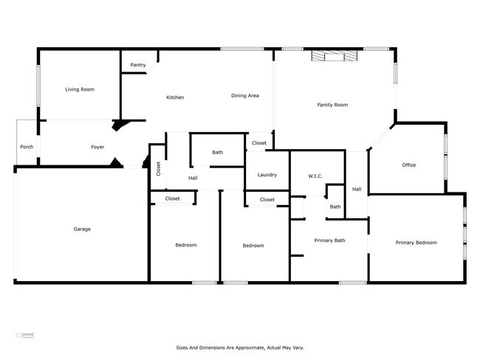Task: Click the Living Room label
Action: click(x=79, y=89)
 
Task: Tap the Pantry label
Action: click(x=137, y=65)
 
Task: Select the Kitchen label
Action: click(x=175, y=97)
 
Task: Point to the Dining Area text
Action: click(x=244, y=95)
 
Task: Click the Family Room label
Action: click(x=332, y=105)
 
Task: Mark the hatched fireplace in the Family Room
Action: click(x=334, y=56)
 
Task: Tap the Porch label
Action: click(x=27, y=147)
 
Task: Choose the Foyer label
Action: click(x=97, y=147)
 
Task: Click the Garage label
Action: click(x=81, y=229)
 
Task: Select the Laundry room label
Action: click(x=267, y=175)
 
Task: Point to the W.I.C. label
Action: click(x=316, y=176)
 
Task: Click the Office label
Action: click(x=408, y=165)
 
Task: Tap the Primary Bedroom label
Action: click(x=416, y=243)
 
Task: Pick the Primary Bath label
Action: click(x=329, y=240)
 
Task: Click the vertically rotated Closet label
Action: click(x=158, y=168)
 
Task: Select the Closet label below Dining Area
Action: click(x=259, y=143)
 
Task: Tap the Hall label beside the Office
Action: click(x=357, y=190)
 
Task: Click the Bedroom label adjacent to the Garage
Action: click(x=185, y=245)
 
